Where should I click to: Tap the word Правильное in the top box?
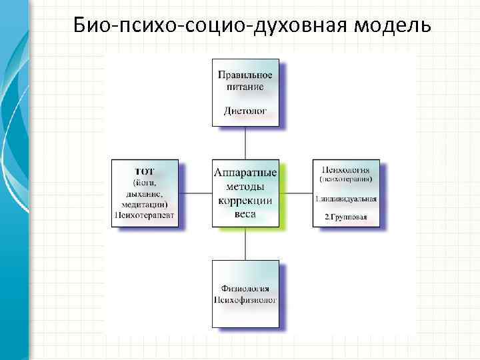(x=245, y=75)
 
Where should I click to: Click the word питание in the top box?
(x=245, y=86)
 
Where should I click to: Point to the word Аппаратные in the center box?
(x=245, y=172)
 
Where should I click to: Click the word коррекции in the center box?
(x=245, y=201)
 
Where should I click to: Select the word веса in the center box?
(x=245, y=215)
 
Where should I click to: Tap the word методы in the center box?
(x=245, y=187)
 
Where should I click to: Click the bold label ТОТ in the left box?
(x=145, y=171)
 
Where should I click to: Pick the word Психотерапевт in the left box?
(x=145, y=215)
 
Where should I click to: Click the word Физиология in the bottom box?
(x=245, y=288)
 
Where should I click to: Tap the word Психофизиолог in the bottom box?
(x=245, y=300)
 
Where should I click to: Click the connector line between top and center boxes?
(x=245, y=143)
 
